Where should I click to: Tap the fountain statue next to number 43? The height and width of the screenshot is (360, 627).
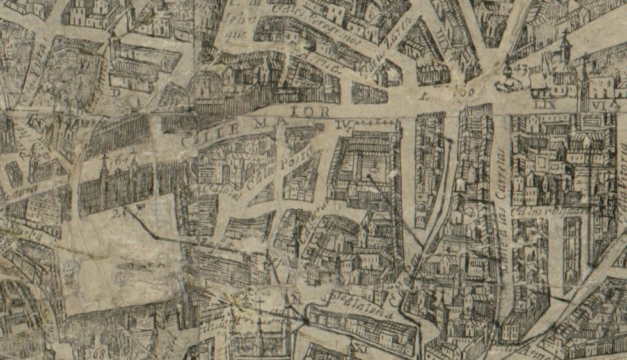click(x=507, y=78)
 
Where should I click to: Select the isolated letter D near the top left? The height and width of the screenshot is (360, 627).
click(x=116, y=92)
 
